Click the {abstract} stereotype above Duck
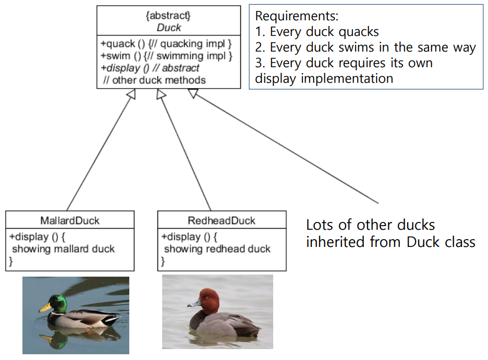[168, 15]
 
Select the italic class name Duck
[168, 27]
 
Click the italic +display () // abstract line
[150, 68]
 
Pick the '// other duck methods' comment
[154, 80]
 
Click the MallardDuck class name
[70, 220]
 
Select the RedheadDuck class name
[222, 220]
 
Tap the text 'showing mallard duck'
[63, 249]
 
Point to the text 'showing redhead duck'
[217, 249]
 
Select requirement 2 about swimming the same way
[365, 48]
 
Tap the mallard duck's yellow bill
[44, 308]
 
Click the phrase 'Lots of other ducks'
[370, 226]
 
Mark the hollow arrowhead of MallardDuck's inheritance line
[131, 93]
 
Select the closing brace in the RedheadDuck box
[163, 262]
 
